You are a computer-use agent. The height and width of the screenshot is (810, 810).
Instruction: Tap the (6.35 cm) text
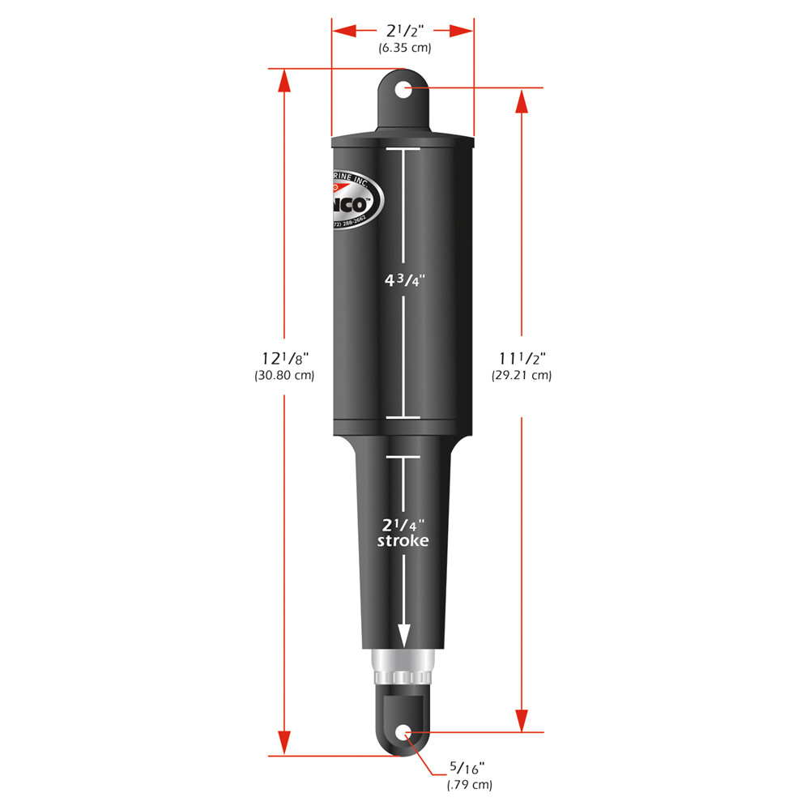[x=404, y=48]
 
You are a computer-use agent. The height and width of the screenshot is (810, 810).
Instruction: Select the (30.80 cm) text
[x=284, y=376]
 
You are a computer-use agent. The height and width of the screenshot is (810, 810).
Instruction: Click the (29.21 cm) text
[x=521, y=376]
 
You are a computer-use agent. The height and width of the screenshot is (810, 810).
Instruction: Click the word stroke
[x=403, y=540]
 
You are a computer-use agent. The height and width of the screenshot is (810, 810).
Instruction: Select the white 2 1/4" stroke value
[x=403, y=523]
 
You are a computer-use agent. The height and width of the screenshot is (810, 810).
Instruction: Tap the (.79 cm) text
[x=468, y=785]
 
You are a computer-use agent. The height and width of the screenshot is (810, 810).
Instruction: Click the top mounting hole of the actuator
[x=403, y=87]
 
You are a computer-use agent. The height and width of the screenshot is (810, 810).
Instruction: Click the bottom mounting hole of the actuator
[x=403, y=734]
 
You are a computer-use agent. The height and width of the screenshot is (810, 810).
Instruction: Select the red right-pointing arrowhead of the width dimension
[x=462, y=31]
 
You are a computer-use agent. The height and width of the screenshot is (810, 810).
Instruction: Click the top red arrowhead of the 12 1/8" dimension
[x=283, y=81]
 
